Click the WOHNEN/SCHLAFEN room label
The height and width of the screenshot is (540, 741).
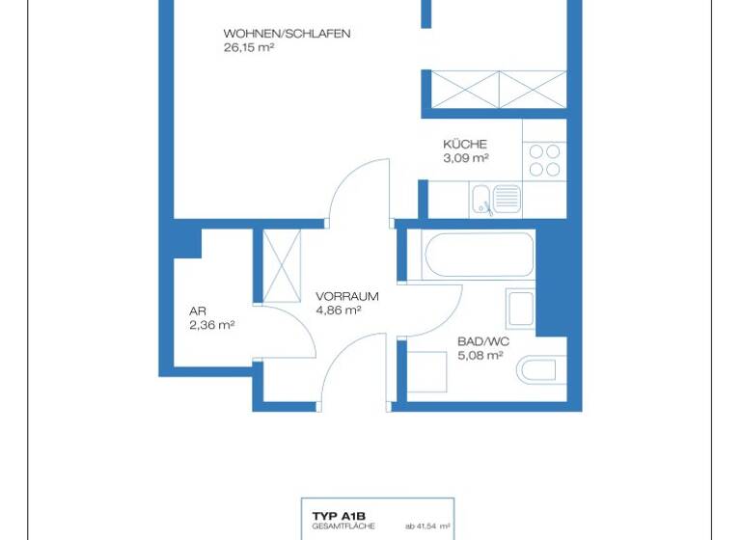click(x=287, y=34)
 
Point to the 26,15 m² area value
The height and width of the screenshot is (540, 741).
click(x=249, y=46)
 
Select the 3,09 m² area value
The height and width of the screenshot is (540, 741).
click(x=466, y=158)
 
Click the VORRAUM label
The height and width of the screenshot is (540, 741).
click(x=346, y=297)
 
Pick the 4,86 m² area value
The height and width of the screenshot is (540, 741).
click(x=339, y=310)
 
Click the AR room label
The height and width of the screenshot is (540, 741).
click(x=198, y=311)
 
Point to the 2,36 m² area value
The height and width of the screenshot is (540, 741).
click(x=212, y=325)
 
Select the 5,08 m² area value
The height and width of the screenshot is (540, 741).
click(x=480, y=355)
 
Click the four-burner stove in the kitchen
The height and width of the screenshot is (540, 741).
click(x=544, y=160)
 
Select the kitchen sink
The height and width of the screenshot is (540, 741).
click(x=496, y=201)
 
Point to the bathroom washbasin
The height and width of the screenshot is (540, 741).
click(x=520, y=308)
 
